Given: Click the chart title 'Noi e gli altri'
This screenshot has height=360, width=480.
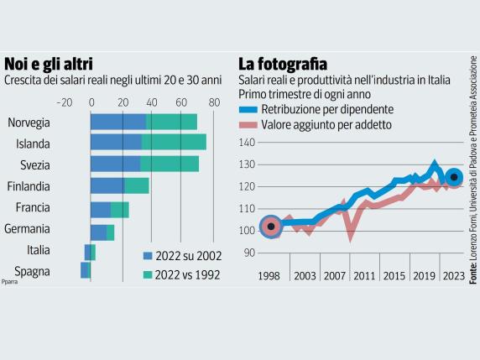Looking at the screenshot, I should point(49,64).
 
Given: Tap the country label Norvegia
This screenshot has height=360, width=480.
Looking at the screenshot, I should point(29,123).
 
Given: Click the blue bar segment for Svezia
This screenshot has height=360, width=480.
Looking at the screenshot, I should point(115,164).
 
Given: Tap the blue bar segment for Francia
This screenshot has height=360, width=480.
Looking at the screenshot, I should point(100,209).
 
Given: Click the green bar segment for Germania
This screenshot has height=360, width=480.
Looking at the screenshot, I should point(110,232).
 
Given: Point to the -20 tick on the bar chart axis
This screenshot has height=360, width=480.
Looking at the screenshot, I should point(64,102).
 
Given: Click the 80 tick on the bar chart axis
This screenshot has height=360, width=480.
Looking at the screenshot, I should point(214,102).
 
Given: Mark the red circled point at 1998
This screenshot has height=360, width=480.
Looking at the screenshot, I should point(270,226).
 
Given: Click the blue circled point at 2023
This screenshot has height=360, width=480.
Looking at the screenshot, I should point(454,177).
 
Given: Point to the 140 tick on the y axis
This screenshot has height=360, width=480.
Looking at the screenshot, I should point(247,143).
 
